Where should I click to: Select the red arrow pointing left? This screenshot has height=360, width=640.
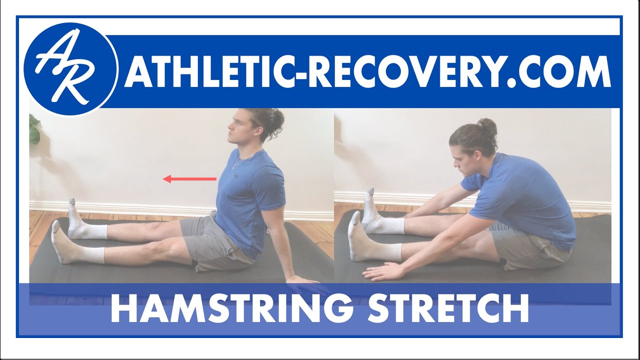coord(190,178)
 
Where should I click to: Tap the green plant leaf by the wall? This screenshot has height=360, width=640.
coord(34,128)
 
